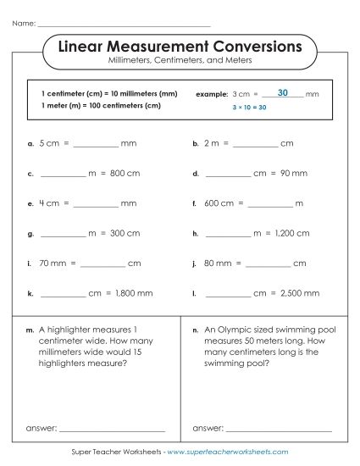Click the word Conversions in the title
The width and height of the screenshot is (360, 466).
pyautogui.click(x=248, y=45)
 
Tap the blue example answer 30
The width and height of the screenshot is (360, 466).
pyautogui.click(x=282, y=92)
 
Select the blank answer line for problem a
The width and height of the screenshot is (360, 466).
pyautogui.click(x=95, y=146)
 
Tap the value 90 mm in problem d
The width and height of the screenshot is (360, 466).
pyautogui.click(x=291, y=175)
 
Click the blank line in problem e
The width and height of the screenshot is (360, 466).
pyautogui.click(x=95, y=205)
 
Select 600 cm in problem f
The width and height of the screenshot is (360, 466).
pyautogui.click(x=218, y=204)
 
